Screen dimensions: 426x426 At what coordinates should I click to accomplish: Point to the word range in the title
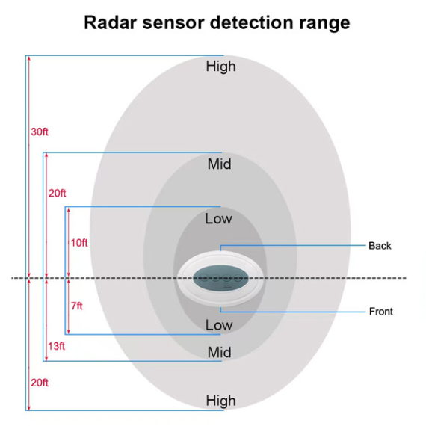point(326,22)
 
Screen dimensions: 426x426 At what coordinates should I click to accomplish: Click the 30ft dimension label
point(40,132)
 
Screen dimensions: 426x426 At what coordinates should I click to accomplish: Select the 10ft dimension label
point(79,243)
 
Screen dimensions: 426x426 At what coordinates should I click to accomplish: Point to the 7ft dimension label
point(76,306)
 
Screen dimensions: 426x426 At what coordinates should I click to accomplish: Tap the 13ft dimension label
point(56,346)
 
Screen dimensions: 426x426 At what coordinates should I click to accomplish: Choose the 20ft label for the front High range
point(39,383)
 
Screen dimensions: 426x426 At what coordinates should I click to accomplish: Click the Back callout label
point(380,246)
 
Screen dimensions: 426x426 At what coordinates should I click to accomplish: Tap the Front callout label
point(380,312)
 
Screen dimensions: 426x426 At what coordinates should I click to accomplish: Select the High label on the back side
point(220,67)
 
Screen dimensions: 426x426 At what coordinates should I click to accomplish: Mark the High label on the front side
point(220,401)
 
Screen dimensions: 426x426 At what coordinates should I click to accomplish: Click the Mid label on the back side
point(220,164)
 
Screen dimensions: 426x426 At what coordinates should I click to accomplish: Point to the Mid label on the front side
point(220,352)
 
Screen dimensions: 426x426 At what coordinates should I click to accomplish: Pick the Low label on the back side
point(219,219)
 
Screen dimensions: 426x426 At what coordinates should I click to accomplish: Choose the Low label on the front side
point(219,326)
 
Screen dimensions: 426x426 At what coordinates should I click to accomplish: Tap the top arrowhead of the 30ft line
point(28,58)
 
